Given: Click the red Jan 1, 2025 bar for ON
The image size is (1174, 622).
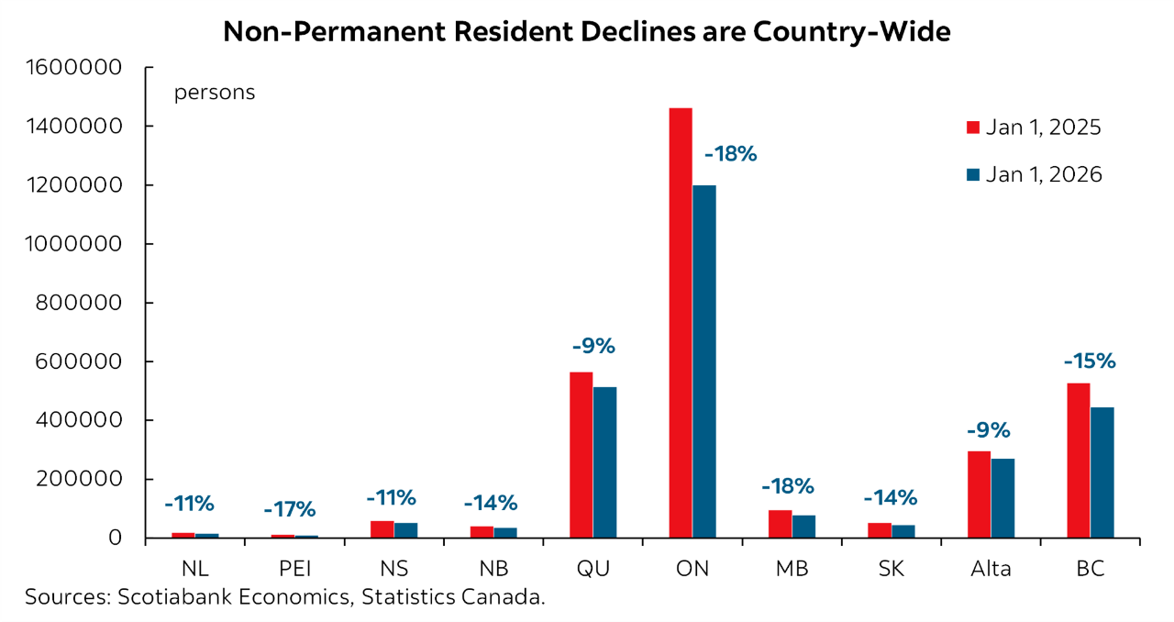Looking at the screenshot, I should (681, 322).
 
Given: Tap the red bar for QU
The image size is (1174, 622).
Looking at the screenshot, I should (581, 454).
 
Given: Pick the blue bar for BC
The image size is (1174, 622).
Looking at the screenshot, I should (1102, 472).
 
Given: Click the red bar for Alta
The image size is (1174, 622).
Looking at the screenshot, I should (979, 494).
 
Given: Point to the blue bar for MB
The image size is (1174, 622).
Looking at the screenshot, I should (803, 526).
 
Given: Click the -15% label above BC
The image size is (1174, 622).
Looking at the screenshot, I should (1089, 361).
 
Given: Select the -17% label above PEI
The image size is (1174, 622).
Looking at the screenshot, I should (289, 508).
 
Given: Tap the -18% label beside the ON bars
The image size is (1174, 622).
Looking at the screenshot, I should (730, 153).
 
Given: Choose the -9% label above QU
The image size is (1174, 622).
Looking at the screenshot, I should (593, 346).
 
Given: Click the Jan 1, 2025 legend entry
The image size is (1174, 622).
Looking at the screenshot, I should (1033, 128).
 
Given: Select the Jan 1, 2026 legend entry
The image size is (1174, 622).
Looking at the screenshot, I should (1033, 174).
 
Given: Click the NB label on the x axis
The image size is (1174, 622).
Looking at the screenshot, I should (493, 569).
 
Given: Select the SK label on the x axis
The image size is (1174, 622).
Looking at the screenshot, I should (891, 569).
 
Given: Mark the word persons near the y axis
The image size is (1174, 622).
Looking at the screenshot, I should (215, 93).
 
